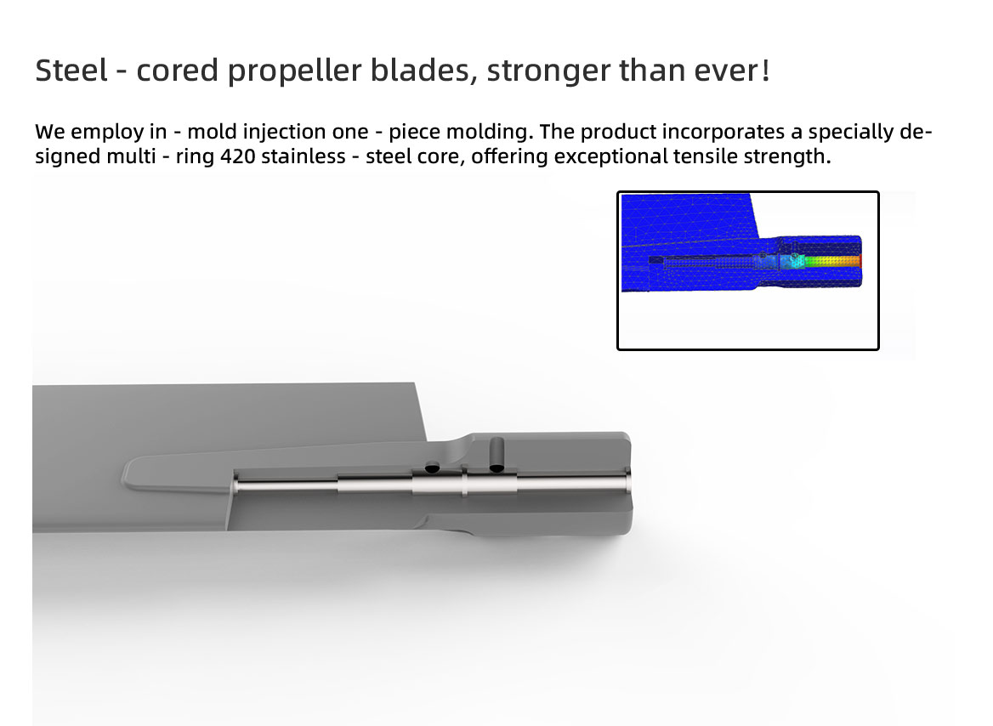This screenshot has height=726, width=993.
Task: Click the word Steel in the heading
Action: pos(71,70)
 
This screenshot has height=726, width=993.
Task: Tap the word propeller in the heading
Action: pos(294,71)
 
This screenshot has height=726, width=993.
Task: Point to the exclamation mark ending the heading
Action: pos(766,70)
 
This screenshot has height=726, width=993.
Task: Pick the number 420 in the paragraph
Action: pos(238,156)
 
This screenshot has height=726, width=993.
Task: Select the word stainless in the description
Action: pos(304,156)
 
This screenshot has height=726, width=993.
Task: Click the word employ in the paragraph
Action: pos(107,133)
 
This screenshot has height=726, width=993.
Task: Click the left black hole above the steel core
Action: pos(432,468)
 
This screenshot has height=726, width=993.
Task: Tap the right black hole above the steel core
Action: pos(496,468)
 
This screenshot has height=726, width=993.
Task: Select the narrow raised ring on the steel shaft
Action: pos(464,484)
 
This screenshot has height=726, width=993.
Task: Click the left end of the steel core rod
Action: pos(235,485)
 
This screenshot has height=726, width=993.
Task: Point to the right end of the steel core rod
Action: pos(627,480)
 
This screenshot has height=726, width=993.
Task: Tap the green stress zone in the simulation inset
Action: pos(817,260)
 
